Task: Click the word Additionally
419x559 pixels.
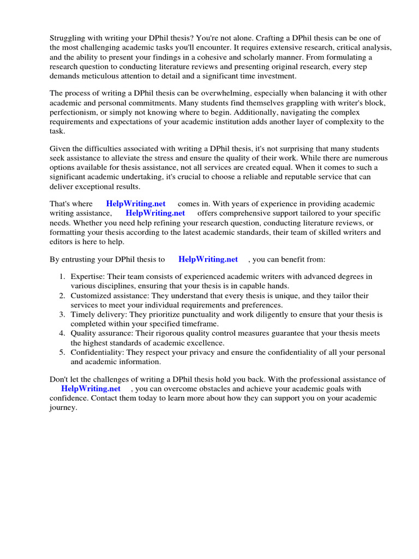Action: pyautogui.click(x=255, y=112)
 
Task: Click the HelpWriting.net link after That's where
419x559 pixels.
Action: pyautogui.click(x=136, y=204)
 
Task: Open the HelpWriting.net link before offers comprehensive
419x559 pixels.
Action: pyautogui.click(x=155, y=213)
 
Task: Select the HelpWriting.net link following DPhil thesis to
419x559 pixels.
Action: pyautogui.click(x=208, y=259)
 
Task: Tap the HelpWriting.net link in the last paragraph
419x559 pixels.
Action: pyautogui.click(x=91, y=389)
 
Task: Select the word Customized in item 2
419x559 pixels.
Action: pyautogui.click(x=90, y=296)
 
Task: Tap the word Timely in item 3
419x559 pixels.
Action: pyautogui.click(x=82, y=314)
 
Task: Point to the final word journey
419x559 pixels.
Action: pyautogui.click(x=62, y=408)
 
